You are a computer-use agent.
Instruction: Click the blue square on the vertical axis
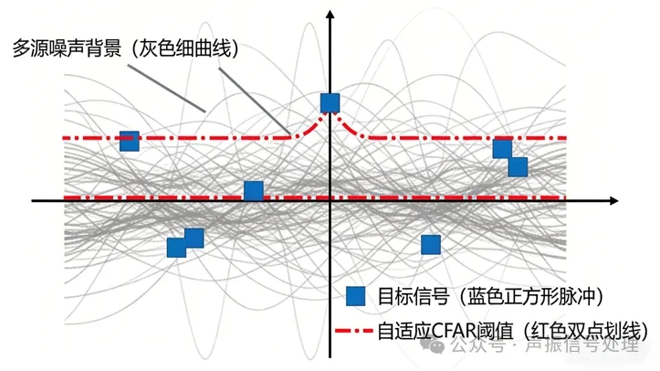click(330, 103)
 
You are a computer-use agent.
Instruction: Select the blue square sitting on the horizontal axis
click(254, 191)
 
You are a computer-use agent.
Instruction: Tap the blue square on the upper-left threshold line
click(130, 141)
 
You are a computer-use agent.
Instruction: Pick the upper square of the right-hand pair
click(502, 149)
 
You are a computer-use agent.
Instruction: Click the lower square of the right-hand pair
click(518, 166)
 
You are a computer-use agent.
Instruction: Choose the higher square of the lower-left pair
click(194, 238)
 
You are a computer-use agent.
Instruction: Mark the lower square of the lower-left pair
click(176, 248)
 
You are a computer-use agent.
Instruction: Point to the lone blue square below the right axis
click(430, 244)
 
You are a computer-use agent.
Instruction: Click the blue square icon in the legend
click(356, 296)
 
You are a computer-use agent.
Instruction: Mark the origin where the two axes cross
click(330, 198)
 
